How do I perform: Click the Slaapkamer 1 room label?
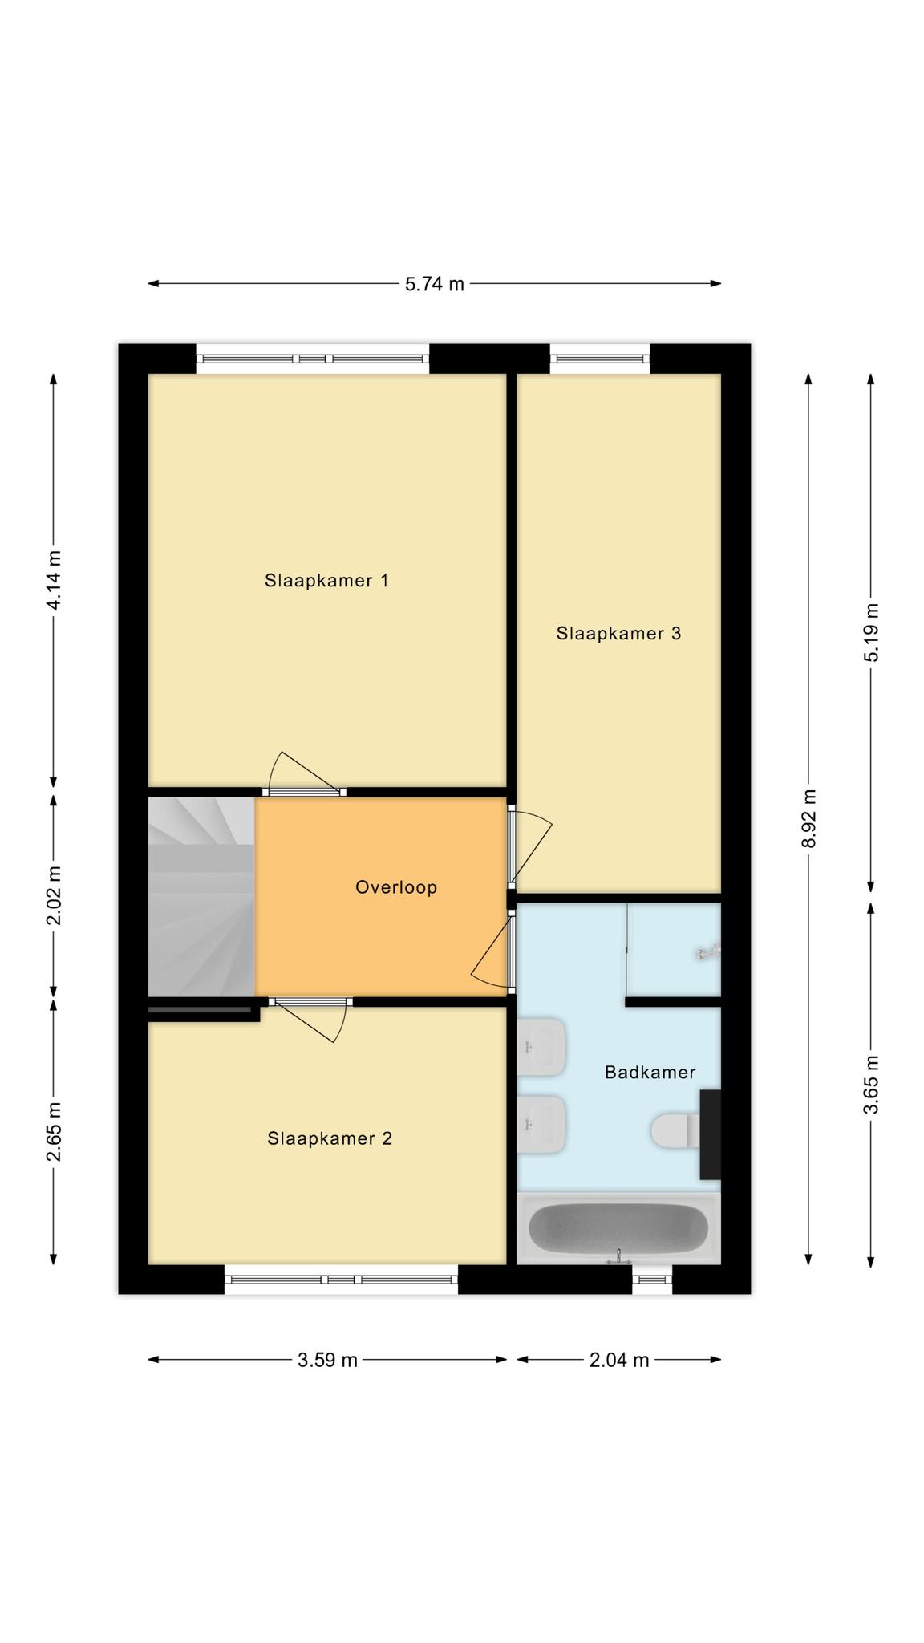pos(326,580)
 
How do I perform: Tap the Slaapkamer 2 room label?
pos(330,1138)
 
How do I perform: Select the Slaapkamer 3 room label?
pos(618,633)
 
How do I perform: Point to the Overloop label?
pos(396,887)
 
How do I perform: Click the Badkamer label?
pos(650,1072)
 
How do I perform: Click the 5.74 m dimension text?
pos(434,284)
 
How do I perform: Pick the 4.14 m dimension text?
pos(54,580)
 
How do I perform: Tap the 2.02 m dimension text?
pos(54,895)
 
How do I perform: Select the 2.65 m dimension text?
pos(54,1131)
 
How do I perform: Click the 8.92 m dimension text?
pos(808,817)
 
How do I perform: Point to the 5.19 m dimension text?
pos(872,631)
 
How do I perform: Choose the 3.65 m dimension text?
pos(872,1084)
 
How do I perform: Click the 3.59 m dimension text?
pos(327,1360)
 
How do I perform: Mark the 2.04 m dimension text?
pos(618,1360)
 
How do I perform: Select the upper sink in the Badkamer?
pos(542,1047)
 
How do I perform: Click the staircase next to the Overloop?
pos(201,896)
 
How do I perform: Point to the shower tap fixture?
pos(708,953)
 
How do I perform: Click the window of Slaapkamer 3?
pos(600,359)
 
